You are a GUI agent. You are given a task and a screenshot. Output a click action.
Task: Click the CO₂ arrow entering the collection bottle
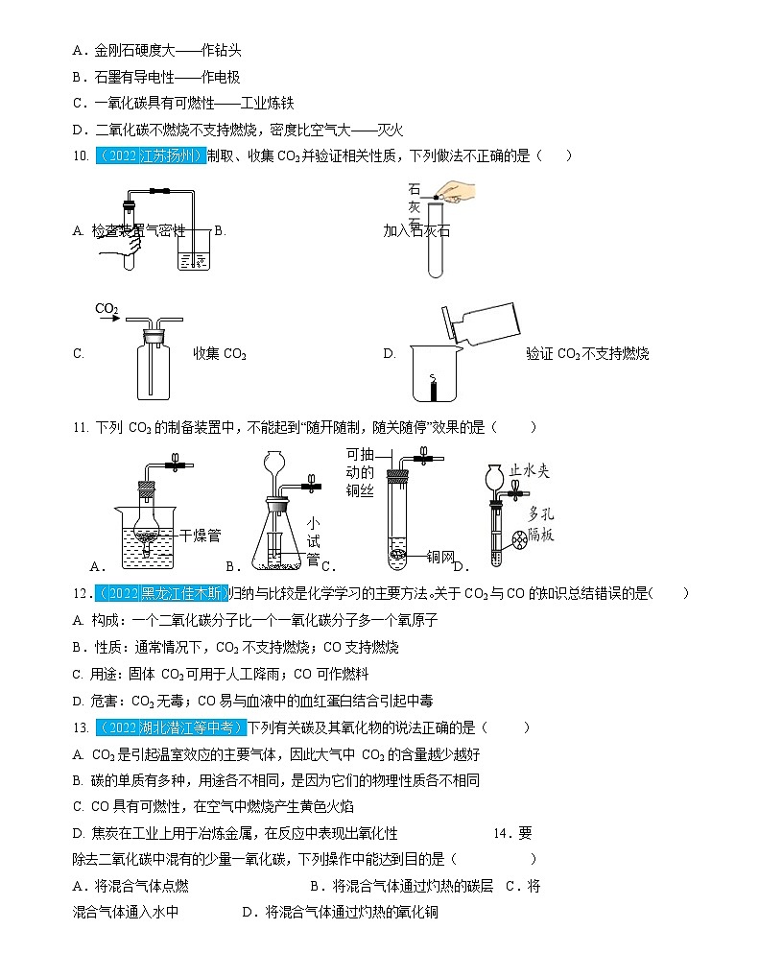[107, 310]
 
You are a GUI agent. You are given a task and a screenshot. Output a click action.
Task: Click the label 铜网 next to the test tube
[439, 555]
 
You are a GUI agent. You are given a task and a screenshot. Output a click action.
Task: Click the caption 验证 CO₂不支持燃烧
[587, 354]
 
